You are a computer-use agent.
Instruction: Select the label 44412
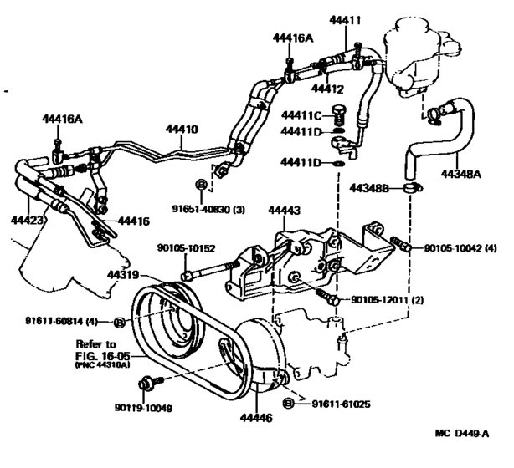[328, 87]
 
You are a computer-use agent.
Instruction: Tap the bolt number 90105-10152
[186, 247]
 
